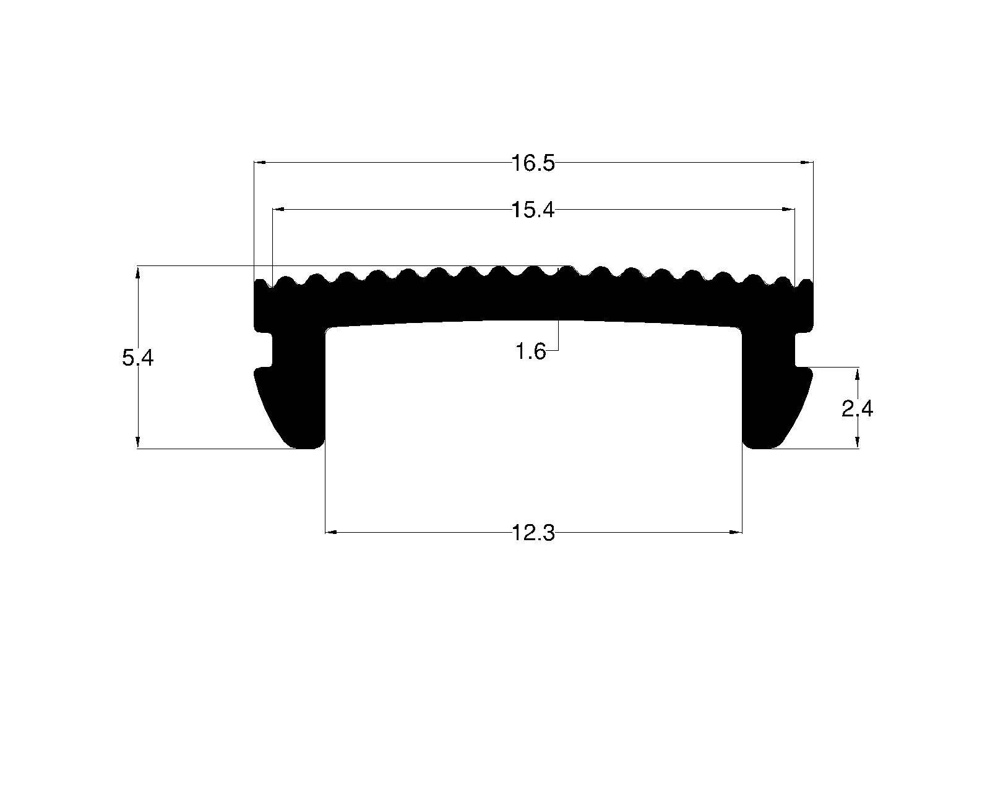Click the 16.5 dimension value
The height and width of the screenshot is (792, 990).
tap(533, 164)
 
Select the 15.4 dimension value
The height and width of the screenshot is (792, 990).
tap(533, 210)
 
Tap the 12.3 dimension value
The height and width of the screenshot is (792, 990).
tap(533, 533)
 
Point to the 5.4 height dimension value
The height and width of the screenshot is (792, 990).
tap(137, 358)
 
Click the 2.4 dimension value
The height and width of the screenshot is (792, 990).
tap(857, 409)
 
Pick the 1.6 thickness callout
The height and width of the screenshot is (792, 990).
tap(530, 352)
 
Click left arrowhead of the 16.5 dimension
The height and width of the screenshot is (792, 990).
tap(260, 163)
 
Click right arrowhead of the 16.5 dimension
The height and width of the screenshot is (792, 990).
tap(807, 163)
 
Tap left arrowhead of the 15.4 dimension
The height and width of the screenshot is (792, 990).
tap(278, 210)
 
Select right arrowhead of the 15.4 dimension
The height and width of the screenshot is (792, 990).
tap(789, 210)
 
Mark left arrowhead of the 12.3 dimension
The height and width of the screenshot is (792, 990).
tap(331, 532)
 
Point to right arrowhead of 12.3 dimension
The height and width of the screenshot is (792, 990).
tap(736, 532)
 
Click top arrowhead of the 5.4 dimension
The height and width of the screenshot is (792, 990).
tap(137, 272)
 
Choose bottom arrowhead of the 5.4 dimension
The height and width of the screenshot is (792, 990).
tap(137, 442)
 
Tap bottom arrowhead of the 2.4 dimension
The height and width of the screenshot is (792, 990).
tap(858, 442)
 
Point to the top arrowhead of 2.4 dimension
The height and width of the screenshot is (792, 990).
tap(858, 374)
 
